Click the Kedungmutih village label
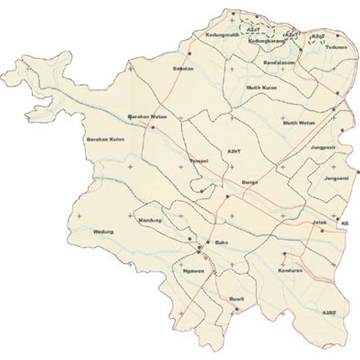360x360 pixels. [223, 34]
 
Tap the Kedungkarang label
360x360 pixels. [266, 41]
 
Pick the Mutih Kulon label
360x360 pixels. [261, 87]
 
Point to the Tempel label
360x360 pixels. [199, 161]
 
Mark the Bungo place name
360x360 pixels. [250, 180]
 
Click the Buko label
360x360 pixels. [221, 244]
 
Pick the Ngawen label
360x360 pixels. [192, 271]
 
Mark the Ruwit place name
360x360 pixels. [236, 299]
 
